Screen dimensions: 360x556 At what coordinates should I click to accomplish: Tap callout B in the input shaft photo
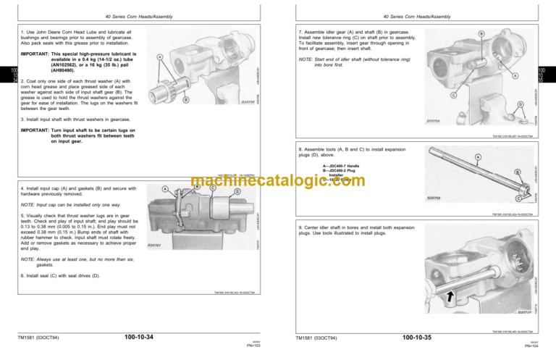click(186, 100)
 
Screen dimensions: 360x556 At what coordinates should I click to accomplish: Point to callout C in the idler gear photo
click(453, 95)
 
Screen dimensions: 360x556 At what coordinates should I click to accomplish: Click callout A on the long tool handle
click(477, 157)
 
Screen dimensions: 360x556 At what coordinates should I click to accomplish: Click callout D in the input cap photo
click(237, 191)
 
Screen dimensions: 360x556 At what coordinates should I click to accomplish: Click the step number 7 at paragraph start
click(300, 33)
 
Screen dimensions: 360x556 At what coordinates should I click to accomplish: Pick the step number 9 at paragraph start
click(300, 227)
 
